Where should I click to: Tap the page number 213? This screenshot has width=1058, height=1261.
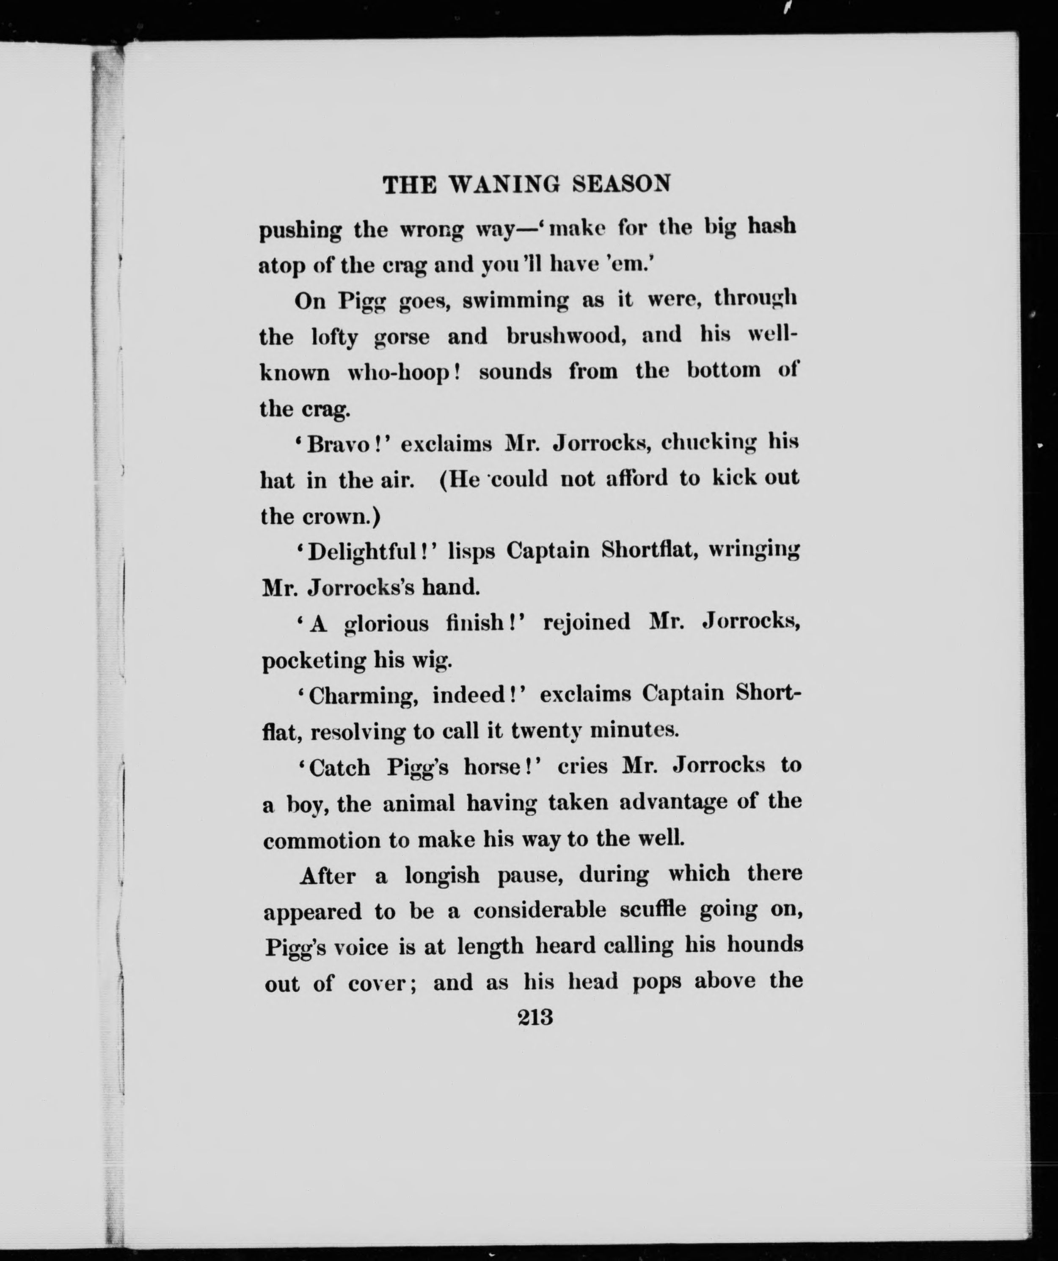click(x=535, y=1017)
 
